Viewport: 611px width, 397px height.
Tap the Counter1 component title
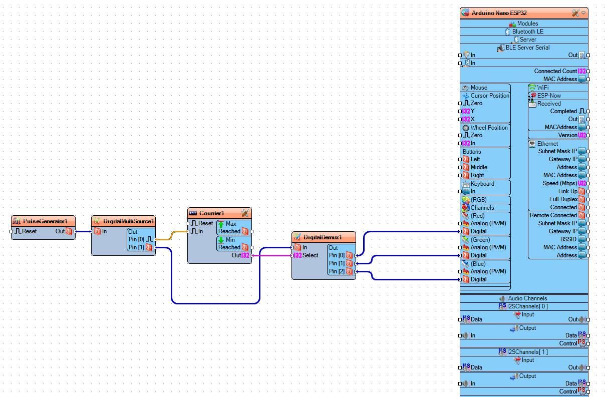211,213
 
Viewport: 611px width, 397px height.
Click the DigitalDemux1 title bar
322,237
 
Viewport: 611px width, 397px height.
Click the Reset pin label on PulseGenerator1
29,231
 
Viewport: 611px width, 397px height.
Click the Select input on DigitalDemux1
310,255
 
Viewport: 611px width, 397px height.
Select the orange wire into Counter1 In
171,235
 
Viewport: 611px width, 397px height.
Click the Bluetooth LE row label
527,32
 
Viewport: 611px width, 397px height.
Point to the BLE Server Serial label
527,48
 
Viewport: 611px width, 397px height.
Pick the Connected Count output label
555,71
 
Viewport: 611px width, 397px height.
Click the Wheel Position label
489,128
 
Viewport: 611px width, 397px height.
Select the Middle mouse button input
479,167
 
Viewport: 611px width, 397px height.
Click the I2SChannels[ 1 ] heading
527,352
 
